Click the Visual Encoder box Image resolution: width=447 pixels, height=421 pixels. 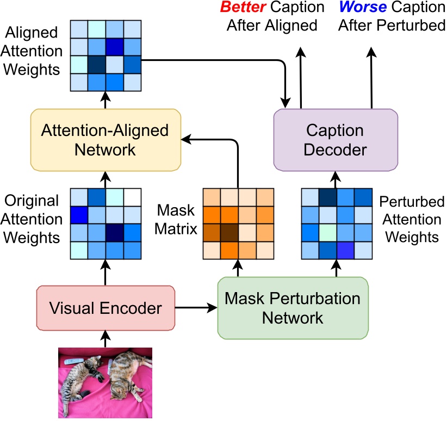[x=105, y=308]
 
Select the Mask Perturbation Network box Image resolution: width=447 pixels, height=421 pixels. [x=293, y=308]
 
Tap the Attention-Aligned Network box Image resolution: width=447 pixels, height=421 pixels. [x=105, y=140]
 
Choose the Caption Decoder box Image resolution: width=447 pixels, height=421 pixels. [x=335, y=140]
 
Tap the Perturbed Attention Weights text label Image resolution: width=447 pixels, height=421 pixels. [x=412, y=219]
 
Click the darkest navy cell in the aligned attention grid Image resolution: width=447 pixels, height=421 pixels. [x=97, y=64]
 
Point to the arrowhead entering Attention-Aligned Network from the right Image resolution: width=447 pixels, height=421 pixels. [x=186, y=140]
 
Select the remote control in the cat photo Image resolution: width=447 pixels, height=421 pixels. [x=73, y=361]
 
